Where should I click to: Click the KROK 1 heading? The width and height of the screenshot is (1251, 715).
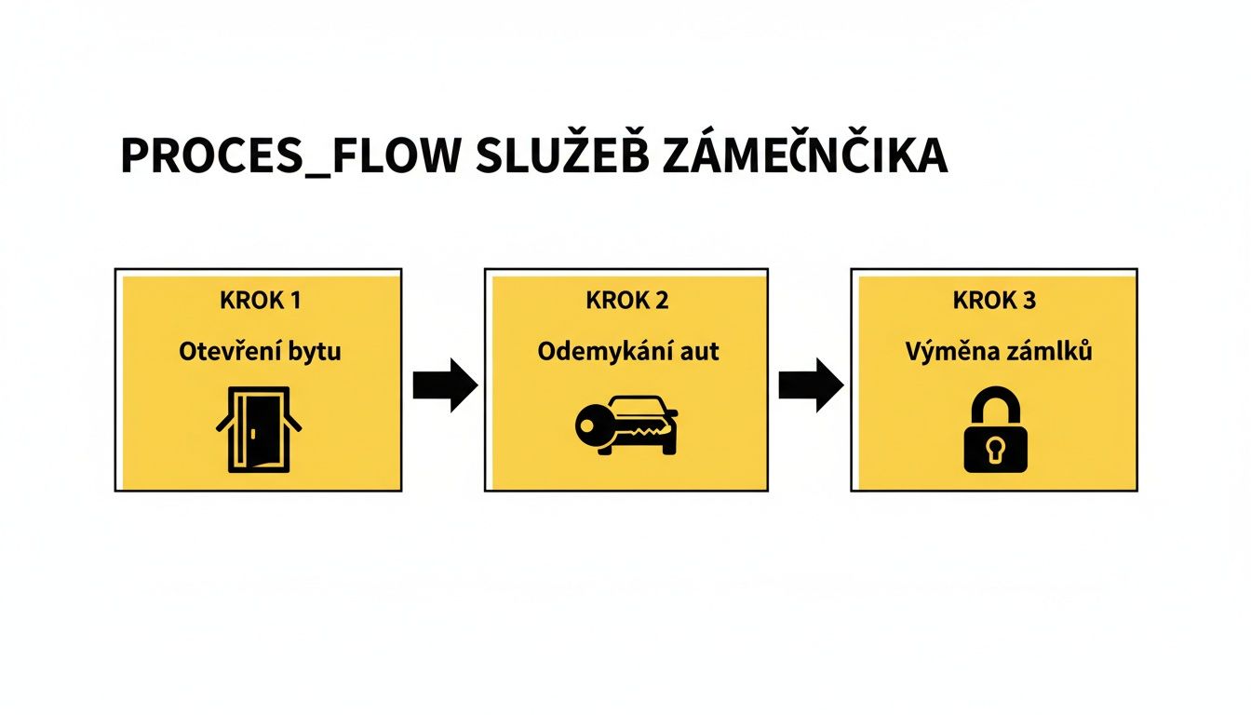click(x=260, y=301)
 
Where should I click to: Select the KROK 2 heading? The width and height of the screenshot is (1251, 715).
click(x=626, y=301)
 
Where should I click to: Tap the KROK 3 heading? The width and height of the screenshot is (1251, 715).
click(x=993, y=301)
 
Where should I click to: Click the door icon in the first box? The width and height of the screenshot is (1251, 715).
click(x=258, y=430)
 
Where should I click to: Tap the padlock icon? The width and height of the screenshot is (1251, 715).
click(x=994, y=431)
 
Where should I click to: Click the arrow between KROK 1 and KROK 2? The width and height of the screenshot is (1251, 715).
click(x=444, y=384)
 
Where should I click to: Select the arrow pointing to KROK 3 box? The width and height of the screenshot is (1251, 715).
click(x=811, y=384)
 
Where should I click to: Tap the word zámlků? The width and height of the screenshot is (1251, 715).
click(x=1044, y=353)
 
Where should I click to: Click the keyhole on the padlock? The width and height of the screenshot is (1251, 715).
click(x=994, y=451)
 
